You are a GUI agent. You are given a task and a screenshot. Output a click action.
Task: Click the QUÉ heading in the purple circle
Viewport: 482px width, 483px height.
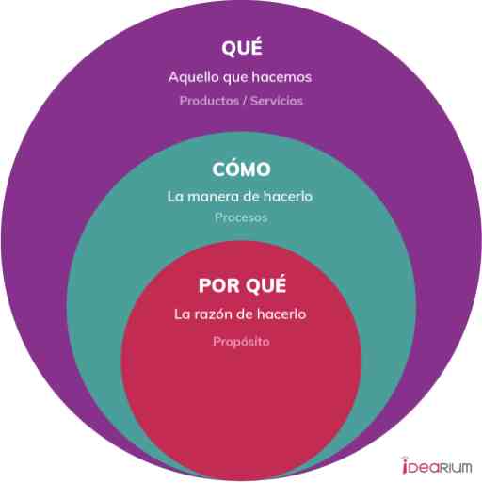coord(242,47)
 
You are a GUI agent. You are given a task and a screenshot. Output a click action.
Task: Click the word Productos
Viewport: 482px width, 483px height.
coord(209,101)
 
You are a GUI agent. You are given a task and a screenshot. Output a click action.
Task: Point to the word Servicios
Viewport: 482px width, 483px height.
coord(277,101)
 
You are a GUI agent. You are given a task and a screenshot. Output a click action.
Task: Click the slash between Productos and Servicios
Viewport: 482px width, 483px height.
coord(245,101)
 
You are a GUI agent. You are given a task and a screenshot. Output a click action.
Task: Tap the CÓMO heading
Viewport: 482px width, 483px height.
coord(241,169)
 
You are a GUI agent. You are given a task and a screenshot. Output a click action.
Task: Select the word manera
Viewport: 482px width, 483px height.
coord(213,197)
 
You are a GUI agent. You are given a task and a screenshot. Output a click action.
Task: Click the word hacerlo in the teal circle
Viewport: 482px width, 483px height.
coord(288,196)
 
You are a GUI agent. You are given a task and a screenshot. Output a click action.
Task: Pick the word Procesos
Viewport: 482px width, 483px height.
coord(241,217)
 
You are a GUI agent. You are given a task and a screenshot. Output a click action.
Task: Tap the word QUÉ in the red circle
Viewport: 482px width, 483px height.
coord(265,284)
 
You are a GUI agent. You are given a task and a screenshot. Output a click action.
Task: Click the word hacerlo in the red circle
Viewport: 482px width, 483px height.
coord(281,314)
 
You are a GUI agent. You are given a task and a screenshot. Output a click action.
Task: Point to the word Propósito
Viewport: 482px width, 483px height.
coord(241,342)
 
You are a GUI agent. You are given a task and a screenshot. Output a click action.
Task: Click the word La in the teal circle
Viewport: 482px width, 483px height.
coord(175,196)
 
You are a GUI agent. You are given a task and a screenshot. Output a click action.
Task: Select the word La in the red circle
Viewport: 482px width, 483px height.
coord(182,314)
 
